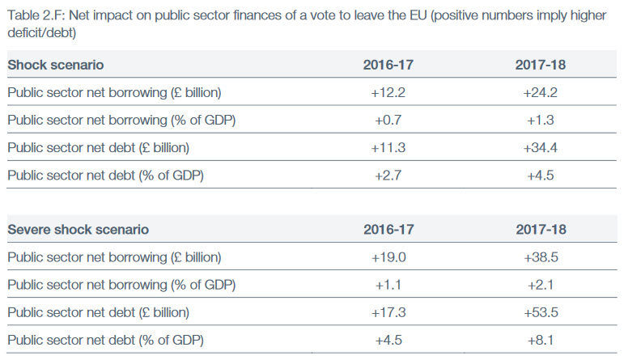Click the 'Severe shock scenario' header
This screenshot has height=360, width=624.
click(x=78, y=230)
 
